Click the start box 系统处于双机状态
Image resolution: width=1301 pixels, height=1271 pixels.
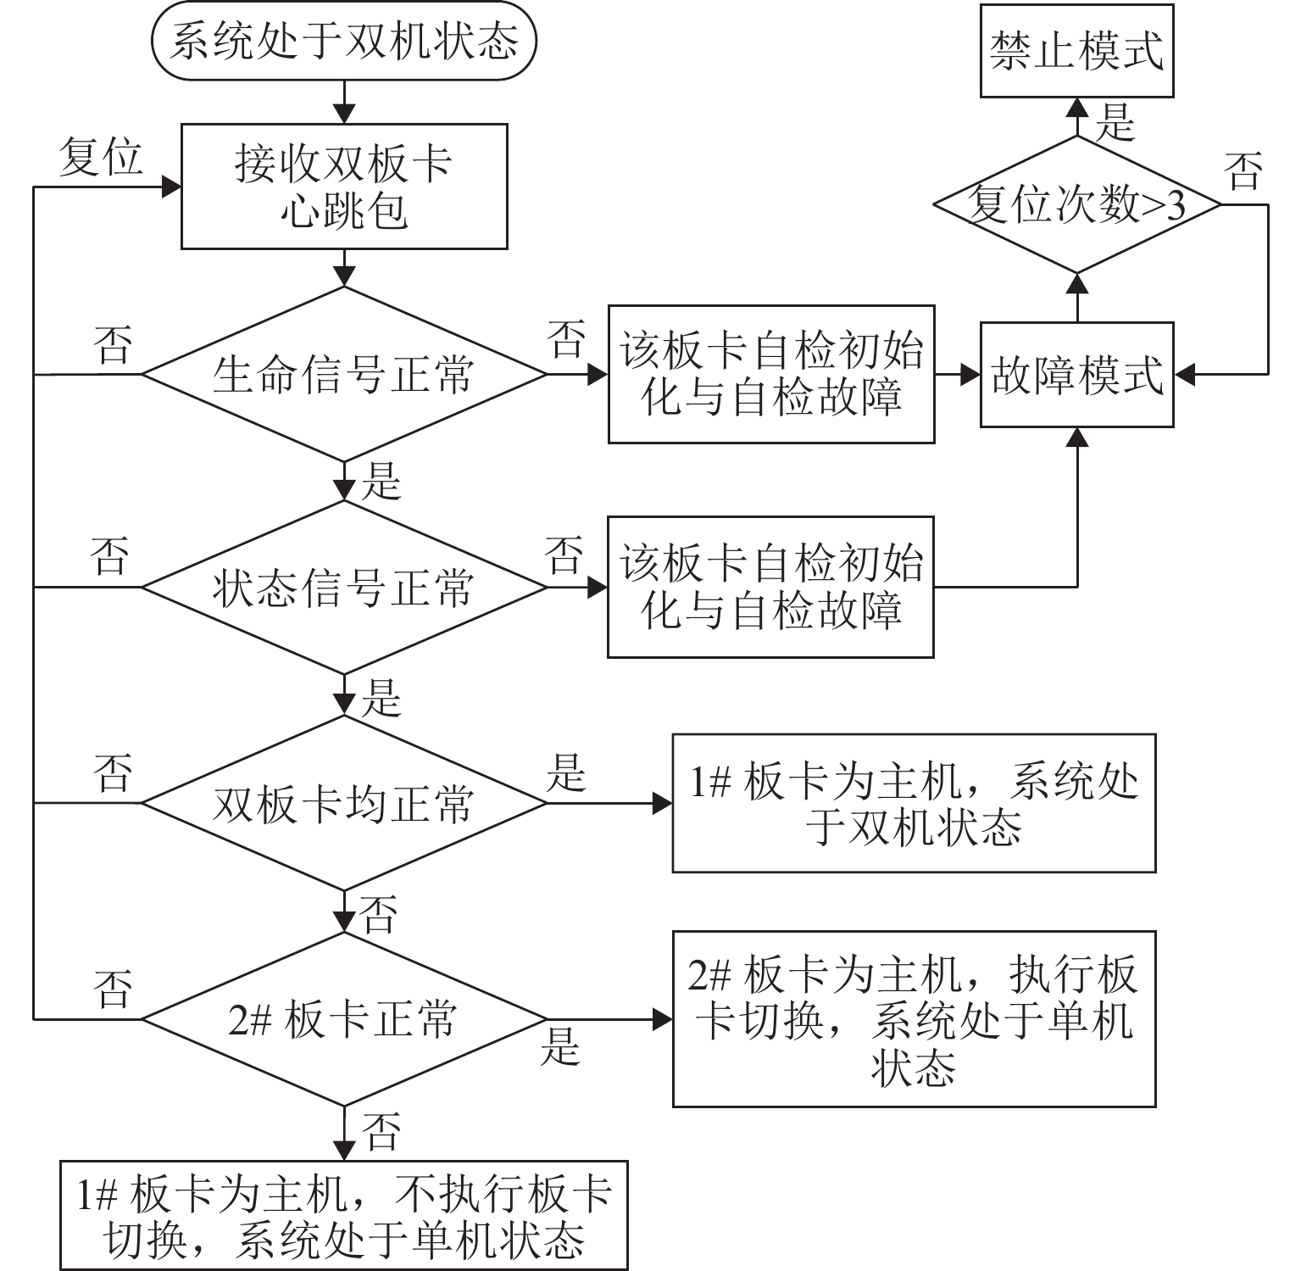tap(344, 42)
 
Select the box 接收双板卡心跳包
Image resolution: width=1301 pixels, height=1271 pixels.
tap(344, 187)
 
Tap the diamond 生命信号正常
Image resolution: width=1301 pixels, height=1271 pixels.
tap(344, 374)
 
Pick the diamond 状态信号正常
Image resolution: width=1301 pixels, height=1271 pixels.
tap(344, 587)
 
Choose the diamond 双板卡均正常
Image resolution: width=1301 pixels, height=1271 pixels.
tap(344, 803)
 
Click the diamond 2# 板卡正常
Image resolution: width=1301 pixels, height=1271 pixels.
tap(344, 1018)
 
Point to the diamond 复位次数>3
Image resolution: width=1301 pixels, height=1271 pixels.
tap(1076, 204)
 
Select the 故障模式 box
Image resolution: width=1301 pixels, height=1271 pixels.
tap(1076, 374)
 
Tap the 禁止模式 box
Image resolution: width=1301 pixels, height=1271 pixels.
tap(1076, 50)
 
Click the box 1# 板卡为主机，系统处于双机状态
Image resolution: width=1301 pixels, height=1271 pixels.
tap(914, 803)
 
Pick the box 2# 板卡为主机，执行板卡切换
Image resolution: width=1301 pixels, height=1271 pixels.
tap(914, 1018)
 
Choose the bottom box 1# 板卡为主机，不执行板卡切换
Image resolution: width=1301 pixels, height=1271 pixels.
tap(344, 1215)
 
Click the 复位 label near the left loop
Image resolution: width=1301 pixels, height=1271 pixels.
tap(101, 158)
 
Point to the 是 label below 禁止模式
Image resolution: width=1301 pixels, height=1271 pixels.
tap(1114, 124)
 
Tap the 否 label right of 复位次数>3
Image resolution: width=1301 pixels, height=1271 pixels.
tap(1243, 171)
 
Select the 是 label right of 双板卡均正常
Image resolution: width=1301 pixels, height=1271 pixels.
tap(565, 773)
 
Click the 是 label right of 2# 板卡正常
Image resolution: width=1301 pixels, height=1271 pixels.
tap(560, 1046)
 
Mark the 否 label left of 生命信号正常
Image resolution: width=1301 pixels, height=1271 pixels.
tap(113, 346)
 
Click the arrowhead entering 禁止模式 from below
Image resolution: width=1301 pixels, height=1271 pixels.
tap(1077, 107)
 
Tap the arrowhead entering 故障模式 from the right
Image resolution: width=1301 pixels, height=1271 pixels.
tap(1184, 374)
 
